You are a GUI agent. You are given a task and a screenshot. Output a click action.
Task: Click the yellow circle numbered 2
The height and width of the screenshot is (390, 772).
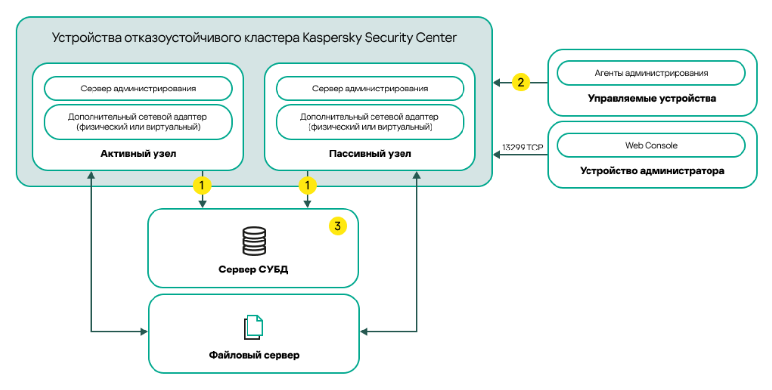(521, 82)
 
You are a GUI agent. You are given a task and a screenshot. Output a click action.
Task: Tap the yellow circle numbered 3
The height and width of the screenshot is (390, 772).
(338, 226)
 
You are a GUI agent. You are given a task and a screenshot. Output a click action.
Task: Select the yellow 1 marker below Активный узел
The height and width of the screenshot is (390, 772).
(202, 185)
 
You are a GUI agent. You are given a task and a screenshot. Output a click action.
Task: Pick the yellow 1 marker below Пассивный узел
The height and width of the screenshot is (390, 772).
(308, 185)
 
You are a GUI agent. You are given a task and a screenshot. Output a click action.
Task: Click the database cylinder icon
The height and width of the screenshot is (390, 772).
(254, 241)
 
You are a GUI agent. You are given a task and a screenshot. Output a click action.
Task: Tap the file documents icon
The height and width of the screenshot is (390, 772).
(254, 327)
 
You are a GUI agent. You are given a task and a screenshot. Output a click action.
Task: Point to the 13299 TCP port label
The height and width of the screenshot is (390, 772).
(522, 147)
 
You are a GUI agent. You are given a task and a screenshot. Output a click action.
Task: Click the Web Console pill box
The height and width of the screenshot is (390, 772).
(651, 145)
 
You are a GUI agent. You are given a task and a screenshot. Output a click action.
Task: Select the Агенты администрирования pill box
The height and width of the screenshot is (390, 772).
(651, 73)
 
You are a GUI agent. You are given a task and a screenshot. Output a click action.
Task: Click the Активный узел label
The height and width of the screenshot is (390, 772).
(138, 154)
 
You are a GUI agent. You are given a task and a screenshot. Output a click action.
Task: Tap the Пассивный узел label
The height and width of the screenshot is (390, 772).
(370, 154)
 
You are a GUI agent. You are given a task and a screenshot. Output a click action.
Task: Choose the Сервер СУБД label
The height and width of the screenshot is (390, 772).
(253, 270)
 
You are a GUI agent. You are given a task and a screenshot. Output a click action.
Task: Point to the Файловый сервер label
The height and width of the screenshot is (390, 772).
(254, 355)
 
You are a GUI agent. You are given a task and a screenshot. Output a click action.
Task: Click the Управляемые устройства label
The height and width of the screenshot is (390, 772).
(652, 98)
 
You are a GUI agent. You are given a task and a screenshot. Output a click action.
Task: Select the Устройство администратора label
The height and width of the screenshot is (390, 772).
(652, 171)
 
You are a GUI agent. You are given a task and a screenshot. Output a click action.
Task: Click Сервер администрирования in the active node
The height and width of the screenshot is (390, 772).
(138, 89)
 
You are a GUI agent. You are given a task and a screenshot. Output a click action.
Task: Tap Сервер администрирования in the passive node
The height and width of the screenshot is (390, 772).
(370, 89)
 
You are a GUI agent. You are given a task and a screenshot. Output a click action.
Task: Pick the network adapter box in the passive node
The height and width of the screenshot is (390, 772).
(370, 122)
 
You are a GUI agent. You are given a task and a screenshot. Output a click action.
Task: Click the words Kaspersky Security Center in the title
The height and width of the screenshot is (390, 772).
(379, 38)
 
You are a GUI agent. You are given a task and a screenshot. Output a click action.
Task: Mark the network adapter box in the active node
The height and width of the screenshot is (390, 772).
(138, 122)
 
